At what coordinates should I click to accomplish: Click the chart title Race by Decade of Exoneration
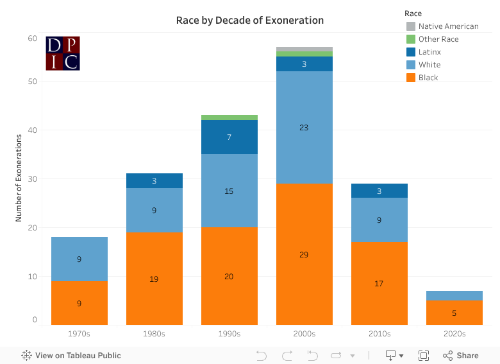[x=250, y=21]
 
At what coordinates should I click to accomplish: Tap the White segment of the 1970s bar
[x=79, y=259]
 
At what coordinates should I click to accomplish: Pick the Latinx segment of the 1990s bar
[x=229, y=137]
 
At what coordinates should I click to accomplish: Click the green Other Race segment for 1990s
[x=229, y=117]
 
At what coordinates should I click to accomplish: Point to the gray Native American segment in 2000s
[x=304, y=49]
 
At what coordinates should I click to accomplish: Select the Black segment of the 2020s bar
[x=454, y=313]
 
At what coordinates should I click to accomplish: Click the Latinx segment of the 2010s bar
[x=379, y=191]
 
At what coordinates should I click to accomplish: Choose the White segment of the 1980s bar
[x=154, y=210]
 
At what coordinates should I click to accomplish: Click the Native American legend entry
[x=448, y=26]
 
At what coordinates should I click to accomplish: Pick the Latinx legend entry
[x=429, y=52]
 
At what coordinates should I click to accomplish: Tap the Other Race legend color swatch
[x=411, y=39]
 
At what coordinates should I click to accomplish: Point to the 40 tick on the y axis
[x=32, y=130]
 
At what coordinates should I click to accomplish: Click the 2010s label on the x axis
[x=379, y=334]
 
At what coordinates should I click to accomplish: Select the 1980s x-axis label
[x=154, y=334]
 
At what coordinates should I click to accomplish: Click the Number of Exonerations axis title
[x=19, y=178]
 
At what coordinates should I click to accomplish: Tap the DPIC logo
[x=63, y=53]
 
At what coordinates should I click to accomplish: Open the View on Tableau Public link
[x=71, y=355]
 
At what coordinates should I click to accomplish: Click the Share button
[x=461, y=355]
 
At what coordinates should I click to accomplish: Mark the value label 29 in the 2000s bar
[x=304, y=255]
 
